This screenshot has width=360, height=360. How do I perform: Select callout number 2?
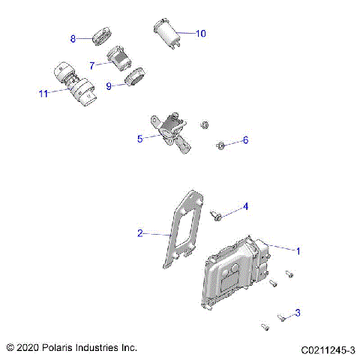click(139, 233)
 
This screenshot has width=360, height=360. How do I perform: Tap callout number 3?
click(298, 312)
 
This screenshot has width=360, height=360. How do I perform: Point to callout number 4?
click(244, 206)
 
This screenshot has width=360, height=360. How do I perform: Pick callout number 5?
click(139, 139)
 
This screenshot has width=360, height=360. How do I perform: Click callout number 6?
click(244, 140)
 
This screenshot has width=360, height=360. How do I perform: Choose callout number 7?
click(92, 65)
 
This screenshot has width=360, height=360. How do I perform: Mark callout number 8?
click(73, 38)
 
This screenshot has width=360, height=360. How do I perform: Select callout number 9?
click(109, 86)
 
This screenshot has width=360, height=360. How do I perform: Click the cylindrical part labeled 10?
click(166, 33)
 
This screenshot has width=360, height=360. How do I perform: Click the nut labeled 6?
click(221, 143)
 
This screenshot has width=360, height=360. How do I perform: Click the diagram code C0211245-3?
click(328, 349)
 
